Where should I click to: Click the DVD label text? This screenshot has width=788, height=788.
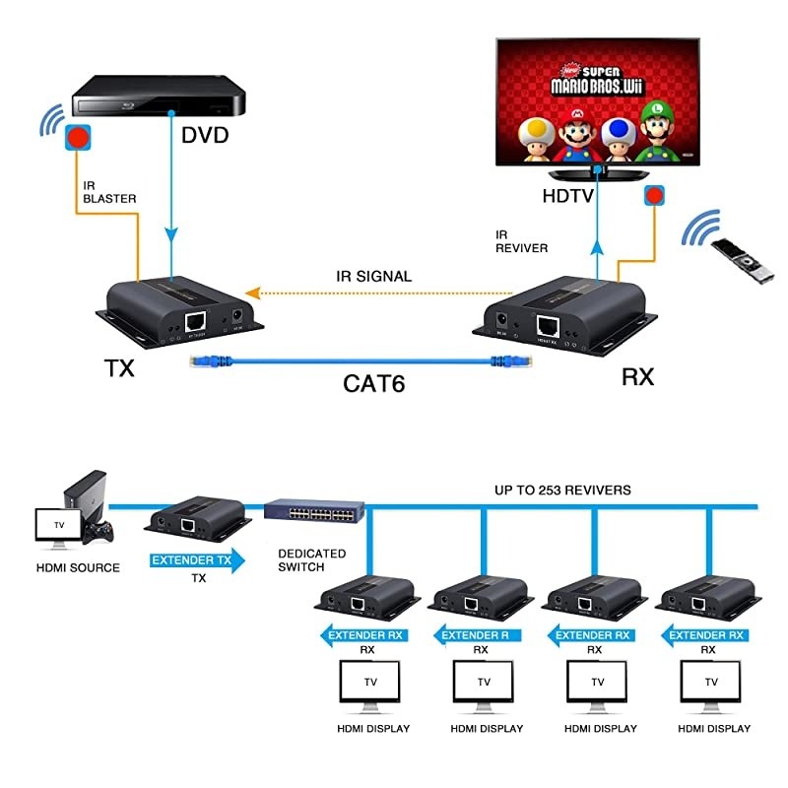coord(205,135)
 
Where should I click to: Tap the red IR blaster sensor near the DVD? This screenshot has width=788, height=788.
coord(78,136)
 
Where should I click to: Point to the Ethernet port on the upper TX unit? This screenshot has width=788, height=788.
coord(197,320)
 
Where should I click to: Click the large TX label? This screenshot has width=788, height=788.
coord(119,369)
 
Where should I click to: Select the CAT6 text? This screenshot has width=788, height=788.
coord(374,381)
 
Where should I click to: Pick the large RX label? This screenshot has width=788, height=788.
coord(637,376)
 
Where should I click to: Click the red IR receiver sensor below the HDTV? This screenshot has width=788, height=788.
coord(654,196)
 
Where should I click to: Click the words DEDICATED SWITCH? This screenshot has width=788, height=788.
coord(311,560)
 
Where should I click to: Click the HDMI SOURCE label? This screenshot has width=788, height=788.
coord(78,567)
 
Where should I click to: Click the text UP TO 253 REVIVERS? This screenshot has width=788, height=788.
coord(562,490)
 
